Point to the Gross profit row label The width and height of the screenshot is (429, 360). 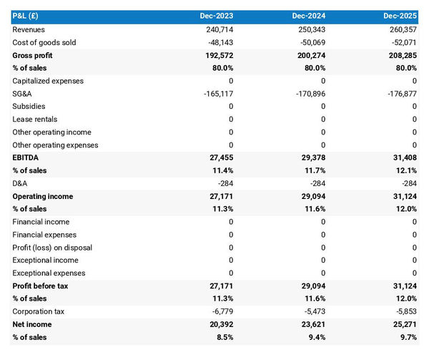[x=33, y=55]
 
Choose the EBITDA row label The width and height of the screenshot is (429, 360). [x=26, y=157]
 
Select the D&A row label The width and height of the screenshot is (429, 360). [x=21, y=183]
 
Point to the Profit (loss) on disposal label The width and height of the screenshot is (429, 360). [x=52, y=248]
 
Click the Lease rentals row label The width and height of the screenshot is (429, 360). [x=35, y=120]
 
